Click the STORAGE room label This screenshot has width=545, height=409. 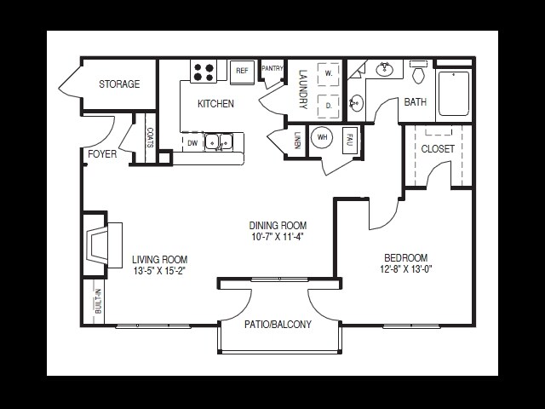[x=118, y=84]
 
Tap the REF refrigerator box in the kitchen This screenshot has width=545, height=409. [x=242, y=72]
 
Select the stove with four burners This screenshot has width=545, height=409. [x=204, y=72]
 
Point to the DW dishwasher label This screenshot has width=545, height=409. [x=192, y=143]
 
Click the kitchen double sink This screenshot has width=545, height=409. [x=218, y=142]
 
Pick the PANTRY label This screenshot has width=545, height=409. [x=272, y=68]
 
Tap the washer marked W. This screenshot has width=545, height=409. [x=328, y=74]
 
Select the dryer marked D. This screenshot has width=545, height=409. [x=328, y=106]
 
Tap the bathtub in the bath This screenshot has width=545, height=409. [x=453, y=93]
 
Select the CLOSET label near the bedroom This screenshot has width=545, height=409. [x=438, y=149]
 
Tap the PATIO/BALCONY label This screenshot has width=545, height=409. [x=278, y=325]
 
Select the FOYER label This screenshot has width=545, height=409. [x=102, y=154]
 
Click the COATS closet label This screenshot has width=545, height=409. [x=150, y=137]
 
